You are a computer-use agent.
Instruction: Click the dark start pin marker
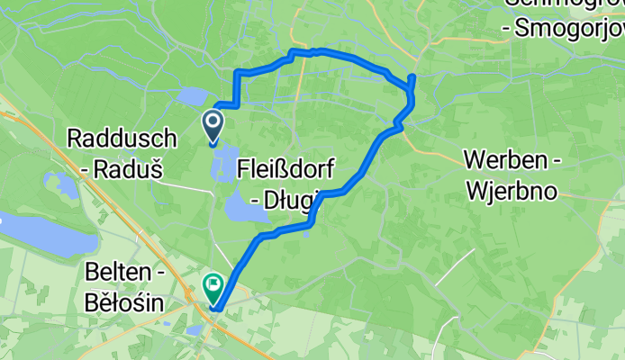tap(213, 125)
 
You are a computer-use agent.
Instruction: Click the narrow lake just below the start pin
tap(221, 162)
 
